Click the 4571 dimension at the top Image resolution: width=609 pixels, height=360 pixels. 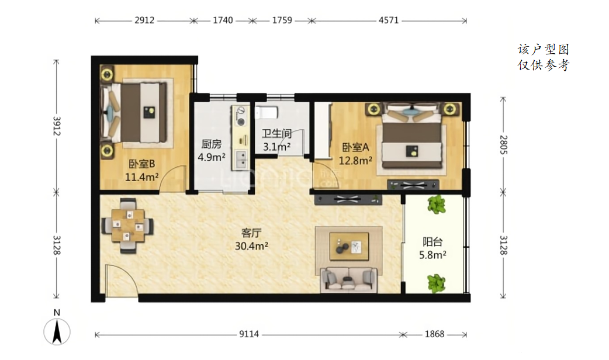[x=389, y=20]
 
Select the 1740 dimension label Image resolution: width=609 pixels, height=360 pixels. [x=223, y=20]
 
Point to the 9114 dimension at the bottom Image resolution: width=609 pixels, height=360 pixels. [x=249, y=334]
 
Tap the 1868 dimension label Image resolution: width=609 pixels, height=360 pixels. [x=434, y=334]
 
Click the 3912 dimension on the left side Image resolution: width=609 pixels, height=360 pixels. [x=57, y=126]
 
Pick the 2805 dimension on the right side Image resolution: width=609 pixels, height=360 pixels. [x=503, y=144]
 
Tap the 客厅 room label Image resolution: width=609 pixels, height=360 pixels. [x=251, y=233]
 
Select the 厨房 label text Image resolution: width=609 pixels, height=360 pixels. [x=212, y=144]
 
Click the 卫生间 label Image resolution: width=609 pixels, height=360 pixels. [x=276, y=134]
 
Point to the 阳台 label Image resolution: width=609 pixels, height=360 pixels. [x=432, y=242]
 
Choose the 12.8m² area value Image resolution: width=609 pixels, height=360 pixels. [x=355, y=160]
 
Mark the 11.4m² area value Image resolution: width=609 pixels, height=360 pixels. [x=141, y=176]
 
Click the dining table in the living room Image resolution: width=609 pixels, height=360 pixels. [x=128, y=225]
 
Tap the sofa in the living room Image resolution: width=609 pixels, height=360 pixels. [x=349, y=279]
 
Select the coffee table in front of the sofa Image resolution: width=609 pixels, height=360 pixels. [x=349, y=246]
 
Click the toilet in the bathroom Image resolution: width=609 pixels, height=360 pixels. [x=267, y=112]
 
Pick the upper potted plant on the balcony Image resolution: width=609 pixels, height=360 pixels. [x=436, y=205]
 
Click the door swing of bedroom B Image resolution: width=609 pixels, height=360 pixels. [x=173, y=179]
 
